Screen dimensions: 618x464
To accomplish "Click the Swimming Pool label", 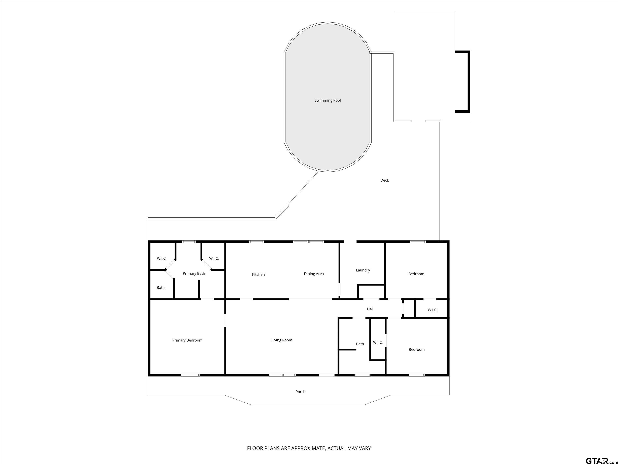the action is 328,100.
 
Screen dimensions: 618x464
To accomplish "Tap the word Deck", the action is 384,180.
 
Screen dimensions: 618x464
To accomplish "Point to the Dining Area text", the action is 314,274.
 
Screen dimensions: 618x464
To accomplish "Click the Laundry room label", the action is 363,270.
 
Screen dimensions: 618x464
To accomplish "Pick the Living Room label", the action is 282,340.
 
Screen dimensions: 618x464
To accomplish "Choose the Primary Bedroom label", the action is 187,340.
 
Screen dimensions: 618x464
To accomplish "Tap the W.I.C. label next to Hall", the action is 433,310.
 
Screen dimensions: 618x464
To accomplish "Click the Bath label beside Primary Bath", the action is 161,288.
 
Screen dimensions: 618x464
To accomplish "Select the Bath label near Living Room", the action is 360,344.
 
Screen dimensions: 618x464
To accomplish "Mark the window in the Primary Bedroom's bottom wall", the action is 190,375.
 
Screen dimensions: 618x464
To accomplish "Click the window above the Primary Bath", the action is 189,242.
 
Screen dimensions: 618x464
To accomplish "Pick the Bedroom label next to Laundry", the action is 416,274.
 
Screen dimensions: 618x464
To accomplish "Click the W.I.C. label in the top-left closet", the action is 162,258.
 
